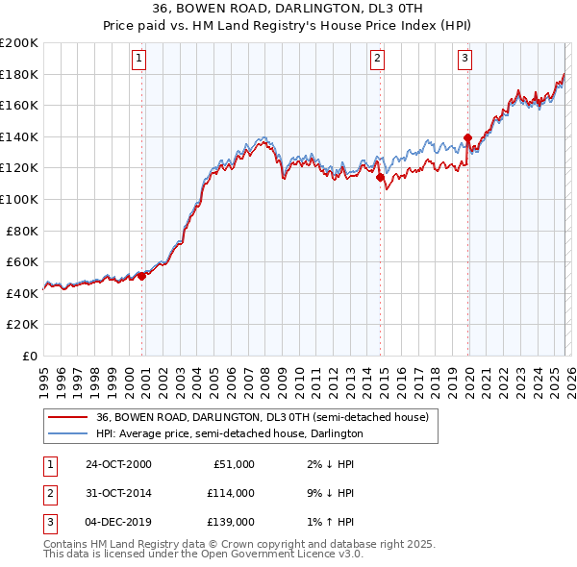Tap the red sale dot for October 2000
coord(142,276)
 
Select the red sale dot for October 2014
coord(381,177)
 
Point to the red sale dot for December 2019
coord(467,137)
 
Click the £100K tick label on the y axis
coord(19,199)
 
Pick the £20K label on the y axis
coord(23,325)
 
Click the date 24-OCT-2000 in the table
coord(118,464)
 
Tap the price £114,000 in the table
coord(230,493)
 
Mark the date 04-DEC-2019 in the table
coord(118,522)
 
